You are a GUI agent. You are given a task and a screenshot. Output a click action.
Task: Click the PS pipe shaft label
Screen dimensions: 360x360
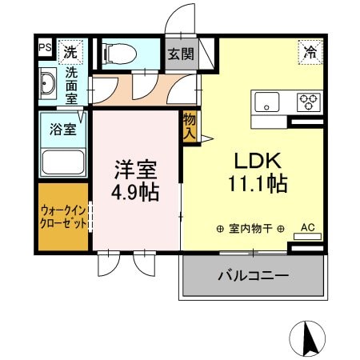pos(45,47)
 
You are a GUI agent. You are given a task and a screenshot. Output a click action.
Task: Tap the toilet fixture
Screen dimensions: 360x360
pos(121,54)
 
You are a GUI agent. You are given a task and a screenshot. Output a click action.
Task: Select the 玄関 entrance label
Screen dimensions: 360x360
pos(181,54)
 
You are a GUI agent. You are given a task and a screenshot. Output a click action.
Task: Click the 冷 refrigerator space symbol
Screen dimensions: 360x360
pos(310,52)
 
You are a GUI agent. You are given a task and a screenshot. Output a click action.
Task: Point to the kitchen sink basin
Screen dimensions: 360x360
pos(267,102)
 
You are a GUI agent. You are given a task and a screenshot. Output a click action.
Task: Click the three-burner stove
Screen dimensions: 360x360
pos(309,102)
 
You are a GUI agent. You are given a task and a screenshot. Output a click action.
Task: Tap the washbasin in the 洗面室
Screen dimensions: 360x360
pos(47,83)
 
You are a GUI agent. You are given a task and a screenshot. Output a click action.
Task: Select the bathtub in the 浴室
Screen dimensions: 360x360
pos(63,162)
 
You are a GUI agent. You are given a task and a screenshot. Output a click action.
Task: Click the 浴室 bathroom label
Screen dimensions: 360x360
pos(63,129)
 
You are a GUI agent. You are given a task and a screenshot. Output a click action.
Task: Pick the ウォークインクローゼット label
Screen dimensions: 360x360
pos(63,217)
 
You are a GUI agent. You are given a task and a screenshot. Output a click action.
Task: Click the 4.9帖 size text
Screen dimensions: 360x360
pos(135,193)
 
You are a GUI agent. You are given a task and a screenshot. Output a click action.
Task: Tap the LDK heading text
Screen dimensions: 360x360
pos(258,161)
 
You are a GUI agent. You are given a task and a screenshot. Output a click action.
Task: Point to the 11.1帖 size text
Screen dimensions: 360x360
pos(258,184)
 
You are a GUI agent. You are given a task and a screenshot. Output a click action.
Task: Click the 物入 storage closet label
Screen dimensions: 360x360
pos(190,127)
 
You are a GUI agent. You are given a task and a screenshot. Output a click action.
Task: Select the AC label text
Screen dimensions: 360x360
pos(308,227)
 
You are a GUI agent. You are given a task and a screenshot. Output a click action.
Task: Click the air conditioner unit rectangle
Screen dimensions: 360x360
pos(307,237)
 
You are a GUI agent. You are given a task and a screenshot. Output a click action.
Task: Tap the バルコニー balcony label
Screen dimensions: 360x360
pos(254,275)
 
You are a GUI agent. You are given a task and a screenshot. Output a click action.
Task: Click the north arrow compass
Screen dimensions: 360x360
pos(307,338)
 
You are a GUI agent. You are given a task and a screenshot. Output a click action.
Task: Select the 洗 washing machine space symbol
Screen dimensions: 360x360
pos(70,52)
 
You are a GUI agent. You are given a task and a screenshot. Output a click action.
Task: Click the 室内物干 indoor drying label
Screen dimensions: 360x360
pos(250,229)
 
